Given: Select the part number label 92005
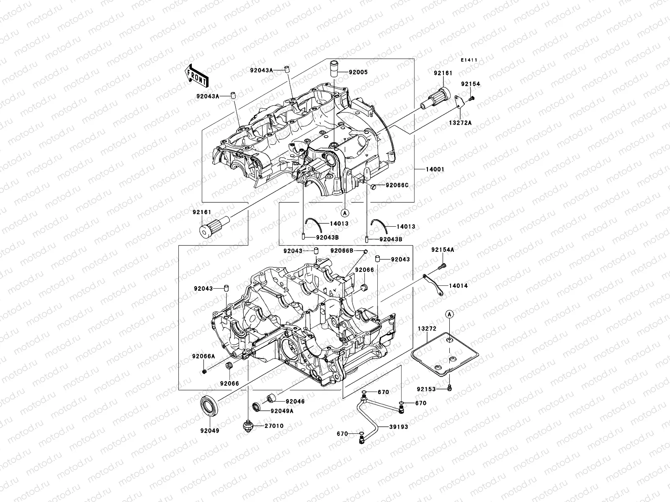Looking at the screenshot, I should pos(359,72).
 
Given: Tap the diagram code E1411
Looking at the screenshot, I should pos(469,60).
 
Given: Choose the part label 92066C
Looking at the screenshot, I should pos(397,185).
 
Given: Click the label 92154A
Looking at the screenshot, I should pos(443,250).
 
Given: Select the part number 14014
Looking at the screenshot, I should pos(459,286).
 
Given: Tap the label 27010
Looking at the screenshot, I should pos(273,426).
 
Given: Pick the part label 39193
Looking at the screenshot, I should pos(398,427).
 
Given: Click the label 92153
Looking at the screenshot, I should pos(426,389).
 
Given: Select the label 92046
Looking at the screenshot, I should pos(295,401).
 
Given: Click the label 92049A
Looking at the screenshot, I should pos(282,411).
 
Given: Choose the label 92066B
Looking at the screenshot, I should pos(342,251).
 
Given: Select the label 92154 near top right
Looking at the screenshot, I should pos(471,84).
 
